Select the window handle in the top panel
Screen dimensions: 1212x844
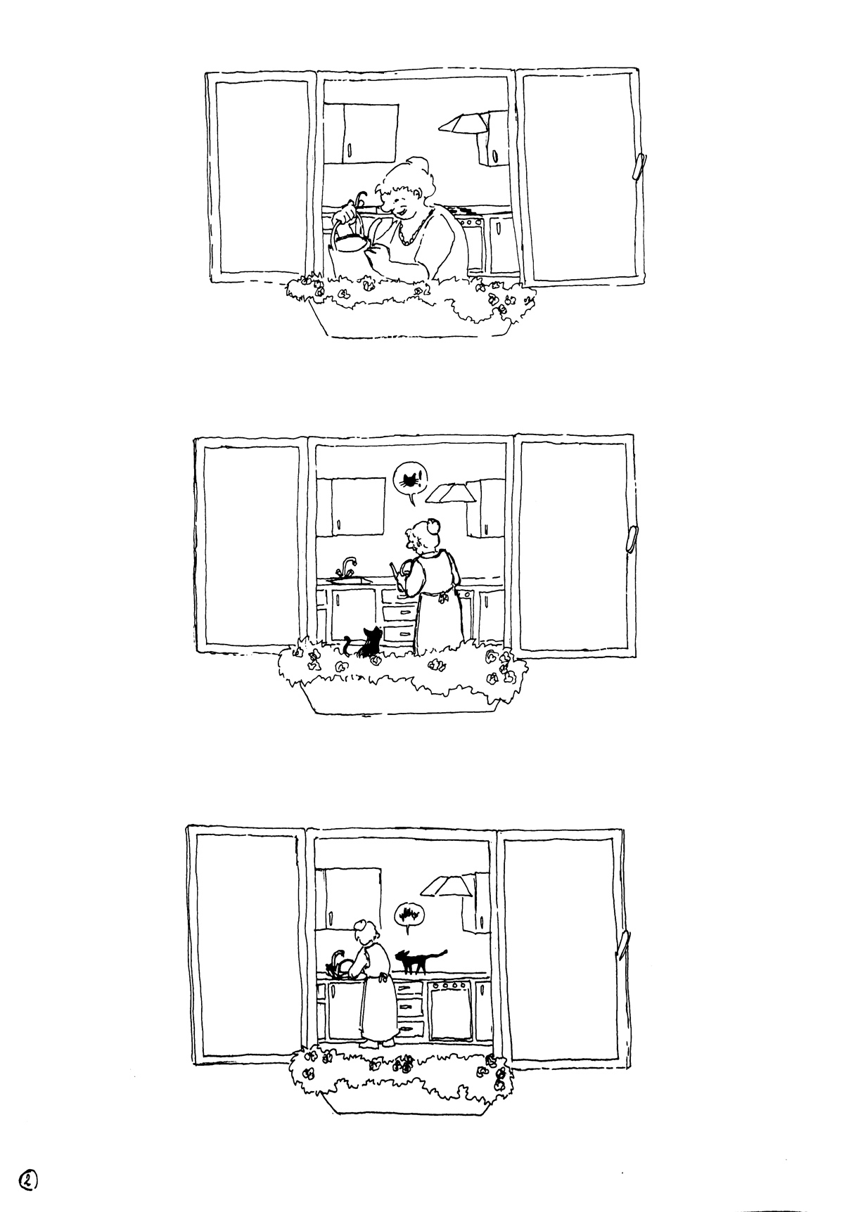pyautogui.click(x=639, y=167)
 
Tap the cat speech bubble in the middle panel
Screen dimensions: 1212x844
pyautogui.click(x=408, y=479)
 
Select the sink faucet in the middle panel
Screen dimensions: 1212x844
pyautogui.click(x=348, y=565)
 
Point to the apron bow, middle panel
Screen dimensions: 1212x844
pyautogui.click(x=442, y=598)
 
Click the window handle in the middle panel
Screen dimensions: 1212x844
pyautogui.click(x=631, y=538)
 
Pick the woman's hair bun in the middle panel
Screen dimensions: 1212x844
pyautogui.click(x=433, y=523)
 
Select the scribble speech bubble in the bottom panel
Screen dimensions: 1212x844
pyautogui.click(x=408, y=915)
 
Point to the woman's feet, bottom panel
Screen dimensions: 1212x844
pyautogui.click(x=376, y=1044)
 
